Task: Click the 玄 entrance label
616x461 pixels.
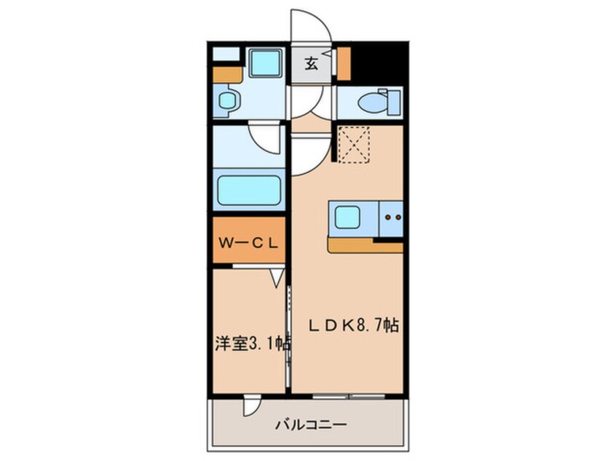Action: [311, 64]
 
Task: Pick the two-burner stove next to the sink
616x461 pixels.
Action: [391, 217]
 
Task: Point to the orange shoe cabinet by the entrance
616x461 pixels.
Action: [344, 63]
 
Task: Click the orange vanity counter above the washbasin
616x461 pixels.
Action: [227, 73]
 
